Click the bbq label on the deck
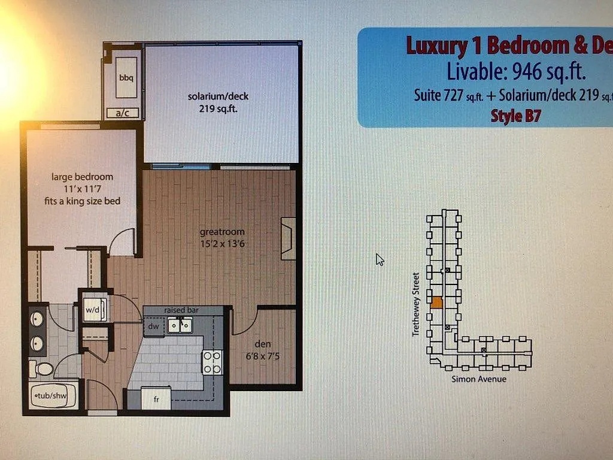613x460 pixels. coord(125,78)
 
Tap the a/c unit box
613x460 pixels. coord(122,113)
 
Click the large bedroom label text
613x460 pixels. coord(82,177)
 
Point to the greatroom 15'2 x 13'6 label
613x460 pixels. coord(222,238)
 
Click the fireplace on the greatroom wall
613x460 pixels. coord(289,238)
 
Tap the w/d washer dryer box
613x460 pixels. coord(93,310)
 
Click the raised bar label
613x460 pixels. coord(181,310)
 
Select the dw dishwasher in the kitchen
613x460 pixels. coord(153,326)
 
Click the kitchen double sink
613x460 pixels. coord(180,325)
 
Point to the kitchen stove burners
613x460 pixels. coord(213,362)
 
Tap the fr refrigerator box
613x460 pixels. coord(156,398)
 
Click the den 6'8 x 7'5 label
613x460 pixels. coord(262,349)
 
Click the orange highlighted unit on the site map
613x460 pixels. coord(436,302)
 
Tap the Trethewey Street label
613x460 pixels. coord(415,304)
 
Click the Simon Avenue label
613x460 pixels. coord(479,379)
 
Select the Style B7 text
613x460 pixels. coord(515,116)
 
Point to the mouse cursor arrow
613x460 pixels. coord(380,259)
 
